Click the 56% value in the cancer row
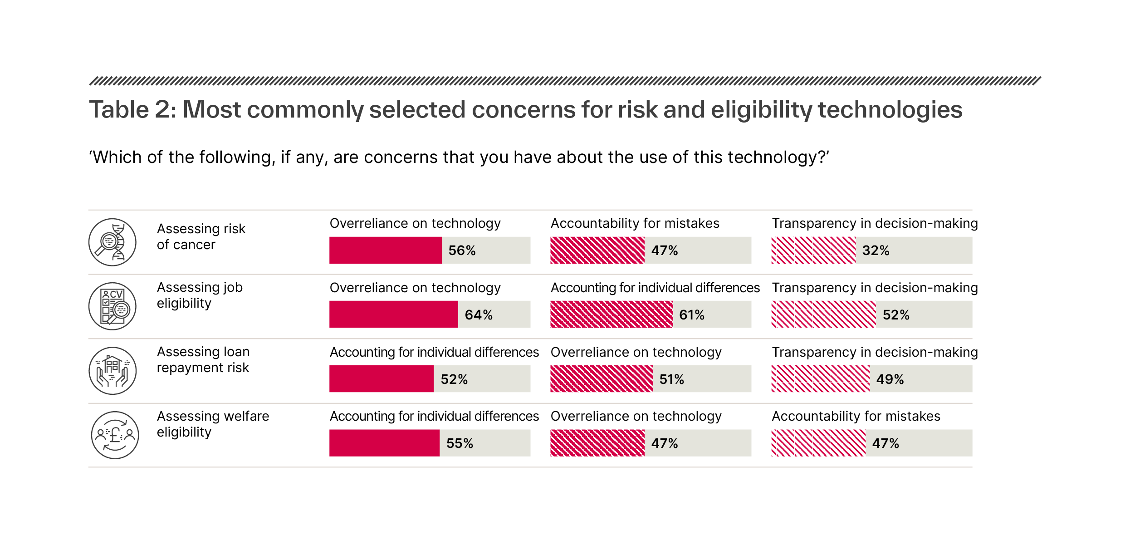tap(462, 251)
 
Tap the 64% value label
tap(479, 315)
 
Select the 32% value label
tap(876, 251)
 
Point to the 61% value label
tap(692, 315)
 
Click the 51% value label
tap(671, 379)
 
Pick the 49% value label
tap(890, 379)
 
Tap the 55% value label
tap(460, 443)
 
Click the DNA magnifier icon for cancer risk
tap(112, 242)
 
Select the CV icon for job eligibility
tap(112, 306)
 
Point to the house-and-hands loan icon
tap(112, 371)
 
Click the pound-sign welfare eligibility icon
tap(115, 435)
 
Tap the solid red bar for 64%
tap(393, 314)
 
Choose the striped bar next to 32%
tap(813, 250)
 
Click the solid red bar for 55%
tap(384, 443)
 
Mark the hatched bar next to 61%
tap(611, 314)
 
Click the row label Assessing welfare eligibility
tap(213, 424)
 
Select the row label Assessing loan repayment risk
tap(203, 359)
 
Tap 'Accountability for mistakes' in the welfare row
tap(856, 416)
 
